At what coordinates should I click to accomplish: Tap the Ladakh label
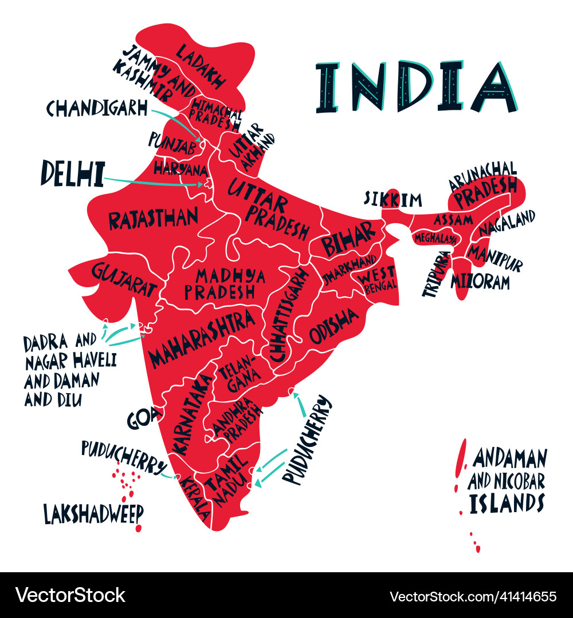pos(200,65)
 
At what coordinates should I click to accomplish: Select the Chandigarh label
pos(97,108)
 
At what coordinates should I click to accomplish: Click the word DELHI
pos(72,173)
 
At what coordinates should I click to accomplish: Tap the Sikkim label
pos(393,200)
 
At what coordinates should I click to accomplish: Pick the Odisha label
pos(333,326)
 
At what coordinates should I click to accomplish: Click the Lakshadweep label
pos(93,513)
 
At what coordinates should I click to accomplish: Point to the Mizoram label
pos(480,281)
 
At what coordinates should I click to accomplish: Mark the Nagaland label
pos(507,222)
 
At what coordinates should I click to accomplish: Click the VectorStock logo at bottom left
pos(70,595)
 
